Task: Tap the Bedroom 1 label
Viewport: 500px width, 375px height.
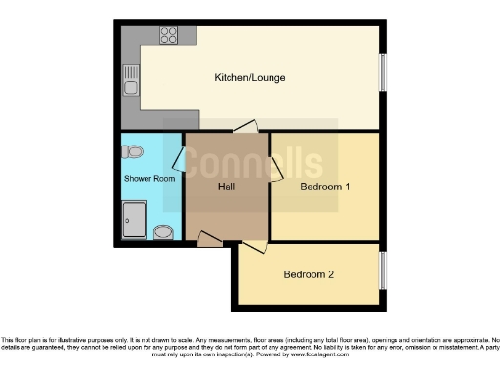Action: point(325,187)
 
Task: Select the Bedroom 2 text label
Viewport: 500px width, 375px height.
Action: point(309,274)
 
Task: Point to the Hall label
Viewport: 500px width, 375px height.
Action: point(226,187)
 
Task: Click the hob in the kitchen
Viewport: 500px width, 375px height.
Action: point(168,35)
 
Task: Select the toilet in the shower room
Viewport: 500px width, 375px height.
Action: point(134,151)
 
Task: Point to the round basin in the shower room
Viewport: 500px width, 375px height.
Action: point(164,231)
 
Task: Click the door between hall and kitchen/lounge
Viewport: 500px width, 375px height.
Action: point(244,126)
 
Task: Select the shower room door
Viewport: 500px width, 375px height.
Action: point(179,157)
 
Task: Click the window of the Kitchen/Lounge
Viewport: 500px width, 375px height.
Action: point(383,72)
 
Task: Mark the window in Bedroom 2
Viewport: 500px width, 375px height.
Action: point(383,270)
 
